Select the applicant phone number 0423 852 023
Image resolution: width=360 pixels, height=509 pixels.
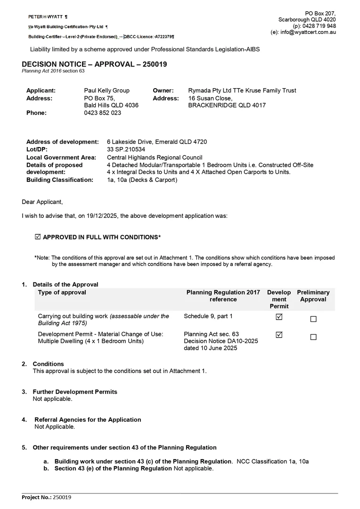102,113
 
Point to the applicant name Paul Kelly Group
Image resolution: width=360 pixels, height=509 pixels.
106,90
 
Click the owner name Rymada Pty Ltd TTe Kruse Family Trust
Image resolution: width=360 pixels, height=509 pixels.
242,90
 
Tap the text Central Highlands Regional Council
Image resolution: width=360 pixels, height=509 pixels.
155,157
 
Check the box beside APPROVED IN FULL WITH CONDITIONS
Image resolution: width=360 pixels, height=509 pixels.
38,237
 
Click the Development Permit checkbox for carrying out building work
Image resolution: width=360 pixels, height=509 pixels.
279,317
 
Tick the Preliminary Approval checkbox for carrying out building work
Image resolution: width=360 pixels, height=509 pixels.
313,319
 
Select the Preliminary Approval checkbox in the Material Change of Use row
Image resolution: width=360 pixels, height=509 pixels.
313,337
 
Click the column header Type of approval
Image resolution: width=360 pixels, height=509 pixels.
62,292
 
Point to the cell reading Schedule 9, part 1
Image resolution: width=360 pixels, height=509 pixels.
208,316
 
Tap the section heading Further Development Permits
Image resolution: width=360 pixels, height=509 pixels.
75,392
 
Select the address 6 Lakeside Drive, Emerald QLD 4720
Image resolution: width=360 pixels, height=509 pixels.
157,142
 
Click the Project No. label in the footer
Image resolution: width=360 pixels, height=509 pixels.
36,497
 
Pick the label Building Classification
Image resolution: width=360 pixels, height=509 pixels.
60,180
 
